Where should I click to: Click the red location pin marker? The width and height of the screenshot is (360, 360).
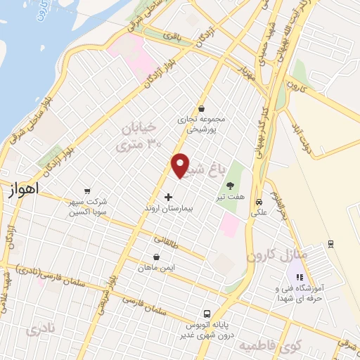click(181, 165)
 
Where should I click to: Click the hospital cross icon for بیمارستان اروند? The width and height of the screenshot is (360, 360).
click(167, 198)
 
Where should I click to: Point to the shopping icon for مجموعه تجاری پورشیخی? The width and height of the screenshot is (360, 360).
click(202, 109)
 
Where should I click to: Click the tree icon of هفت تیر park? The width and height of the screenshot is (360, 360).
click(229, 187)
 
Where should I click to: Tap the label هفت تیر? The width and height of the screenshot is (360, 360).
click(229, 199)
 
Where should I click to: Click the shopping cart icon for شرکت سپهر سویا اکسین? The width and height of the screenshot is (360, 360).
click(86, 190)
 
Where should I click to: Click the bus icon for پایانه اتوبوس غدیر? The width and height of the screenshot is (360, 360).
click(206, 313)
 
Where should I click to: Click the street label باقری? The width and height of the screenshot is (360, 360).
click(172, 35)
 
